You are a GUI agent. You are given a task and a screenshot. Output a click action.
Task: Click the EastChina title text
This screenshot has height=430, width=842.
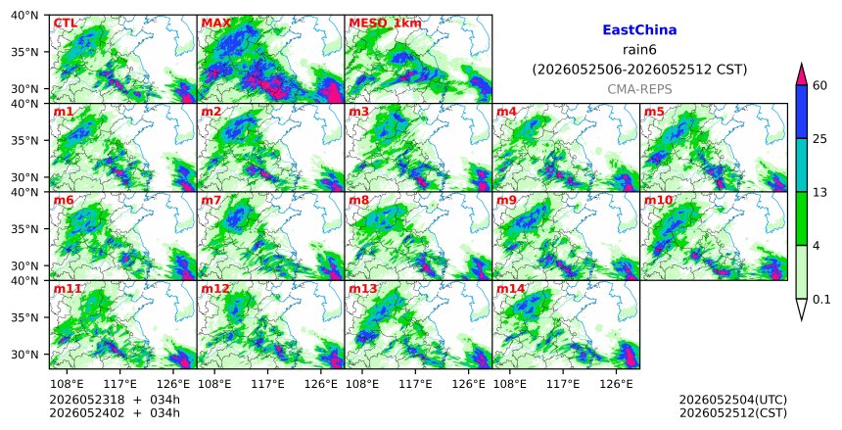coord(639,30)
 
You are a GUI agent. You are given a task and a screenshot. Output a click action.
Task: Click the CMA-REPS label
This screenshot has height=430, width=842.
coord(639,90)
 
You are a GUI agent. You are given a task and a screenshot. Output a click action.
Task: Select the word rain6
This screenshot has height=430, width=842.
coord(639,50)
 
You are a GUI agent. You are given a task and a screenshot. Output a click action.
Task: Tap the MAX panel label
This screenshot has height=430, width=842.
coord(215,24)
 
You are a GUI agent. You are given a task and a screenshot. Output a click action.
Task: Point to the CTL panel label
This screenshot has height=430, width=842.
coord(65,24)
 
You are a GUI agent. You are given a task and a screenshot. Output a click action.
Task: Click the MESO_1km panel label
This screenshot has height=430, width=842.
coord(385,24)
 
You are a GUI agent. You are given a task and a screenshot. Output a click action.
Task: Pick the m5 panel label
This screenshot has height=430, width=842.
coord(654,112)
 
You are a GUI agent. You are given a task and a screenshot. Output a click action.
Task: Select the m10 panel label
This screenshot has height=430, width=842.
coord(658,201)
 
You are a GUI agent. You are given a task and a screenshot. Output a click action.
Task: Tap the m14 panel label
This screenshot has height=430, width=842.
coord(510,289)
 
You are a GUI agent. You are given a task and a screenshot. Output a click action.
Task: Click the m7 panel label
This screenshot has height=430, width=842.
coord(211,201)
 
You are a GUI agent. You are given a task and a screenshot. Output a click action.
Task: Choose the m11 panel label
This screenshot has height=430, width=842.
coord(68,289)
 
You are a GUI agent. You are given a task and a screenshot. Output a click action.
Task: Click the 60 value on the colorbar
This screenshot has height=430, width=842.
coord(819,85)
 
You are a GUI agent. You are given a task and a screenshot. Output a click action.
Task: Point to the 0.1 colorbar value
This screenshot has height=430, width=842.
coord(821,300)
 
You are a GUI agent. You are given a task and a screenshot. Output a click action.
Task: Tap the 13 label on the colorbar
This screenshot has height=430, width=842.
coord(819,192)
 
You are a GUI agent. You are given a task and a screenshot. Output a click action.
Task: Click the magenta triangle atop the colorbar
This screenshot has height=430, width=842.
coord(801,74)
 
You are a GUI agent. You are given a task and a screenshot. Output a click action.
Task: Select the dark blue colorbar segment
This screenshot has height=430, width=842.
coord(801,112)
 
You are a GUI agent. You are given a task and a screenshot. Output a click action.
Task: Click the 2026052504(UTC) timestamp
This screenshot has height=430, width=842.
coord(733,400)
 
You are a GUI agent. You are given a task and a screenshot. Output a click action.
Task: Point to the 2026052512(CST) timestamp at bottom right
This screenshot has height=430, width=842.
coord(733,413)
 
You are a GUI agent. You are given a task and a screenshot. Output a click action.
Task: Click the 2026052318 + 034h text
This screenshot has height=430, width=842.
coord(115,400)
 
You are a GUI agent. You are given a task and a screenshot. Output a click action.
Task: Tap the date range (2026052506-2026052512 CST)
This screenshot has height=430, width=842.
coord(639,70)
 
